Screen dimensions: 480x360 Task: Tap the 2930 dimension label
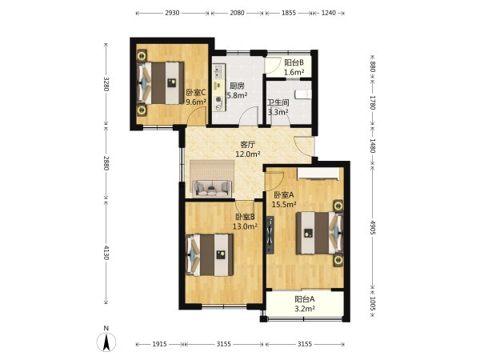click(172, 13)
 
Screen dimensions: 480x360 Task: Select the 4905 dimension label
click(372, 227)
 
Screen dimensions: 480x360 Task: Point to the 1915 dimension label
click(159, 344)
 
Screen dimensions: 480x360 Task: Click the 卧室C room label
click(196, 92)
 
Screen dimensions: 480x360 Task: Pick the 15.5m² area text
click(284, 204)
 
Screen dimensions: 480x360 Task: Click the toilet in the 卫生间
click(303, 94)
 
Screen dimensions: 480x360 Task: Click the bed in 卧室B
click(210, 255)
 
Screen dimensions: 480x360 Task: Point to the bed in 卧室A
click(319, 234)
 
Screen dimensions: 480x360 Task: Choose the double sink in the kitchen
click(220, 71)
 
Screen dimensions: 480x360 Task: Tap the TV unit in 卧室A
click(270, 235)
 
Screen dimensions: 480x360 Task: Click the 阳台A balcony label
click(305, 298)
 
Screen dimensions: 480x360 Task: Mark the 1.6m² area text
click(294, 72)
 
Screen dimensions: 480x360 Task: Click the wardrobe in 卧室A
click(318, 173)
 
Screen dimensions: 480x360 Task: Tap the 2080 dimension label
click(237, 13)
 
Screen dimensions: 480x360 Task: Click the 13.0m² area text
click(245, 226)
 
